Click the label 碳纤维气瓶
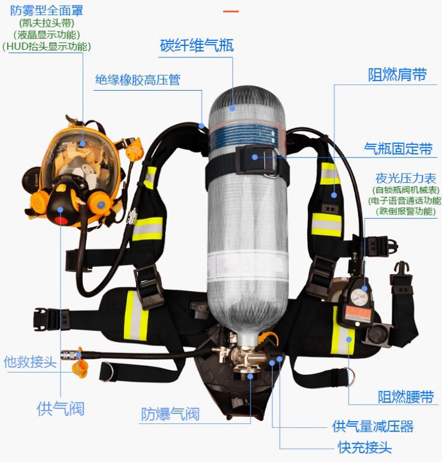click(197, 45)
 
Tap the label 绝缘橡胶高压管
click(138, 80)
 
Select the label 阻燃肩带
click(397, 75)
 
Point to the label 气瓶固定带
click(398, 149)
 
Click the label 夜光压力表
click(406, 179)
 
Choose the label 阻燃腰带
click(406, 397)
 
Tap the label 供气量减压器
click(373, 426)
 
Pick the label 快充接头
click(365, 447)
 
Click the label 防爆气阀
click(170, 414)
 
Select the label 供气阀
click(60, 408)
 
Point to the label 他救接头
click(30, 361)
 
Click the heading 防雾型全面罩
click(46, 11)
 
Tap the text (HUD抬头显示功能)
click(46, 46)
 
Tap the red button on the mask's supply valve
click(61, 221)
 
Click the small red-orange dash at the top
click(231, 12)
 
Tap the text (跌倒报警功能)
click(406, 211)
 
